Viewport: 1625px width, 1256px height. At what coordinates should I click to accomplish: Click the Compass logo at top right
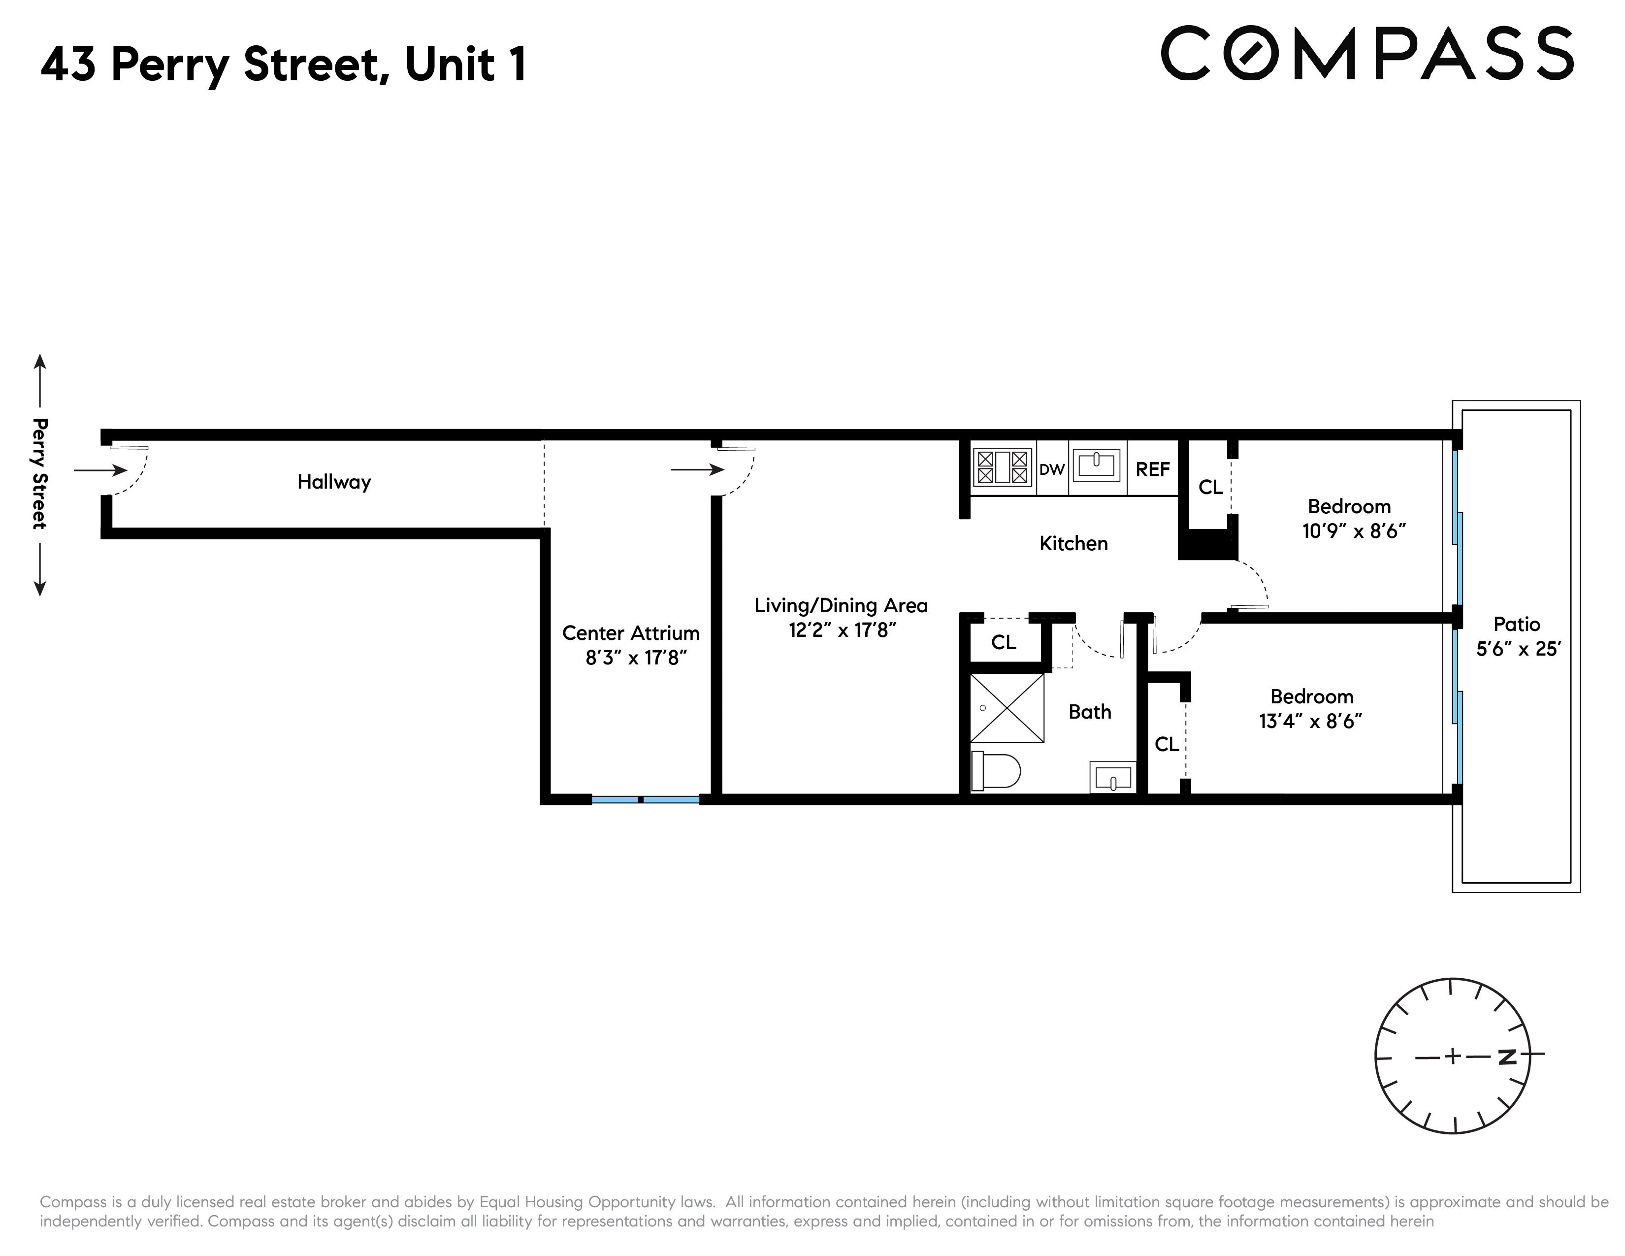[1367, 54]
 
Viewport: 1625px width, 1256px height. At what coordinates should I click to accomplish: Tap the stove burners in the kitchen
[1002, 467]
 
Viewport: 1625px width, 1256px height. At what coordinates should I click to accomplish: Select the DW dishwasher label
[1051, 469]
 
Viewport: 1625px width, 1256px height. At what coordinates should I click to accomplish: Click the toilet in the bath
[997, 771]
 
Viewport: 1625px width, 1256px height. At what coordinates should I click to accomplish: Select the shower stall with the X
[1007, 708]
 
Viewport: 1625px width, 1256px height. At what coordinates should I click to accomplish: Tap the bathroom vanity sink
[1112, 778]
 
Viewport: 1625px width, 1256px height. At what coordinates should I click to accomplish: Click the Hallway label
[334, 482]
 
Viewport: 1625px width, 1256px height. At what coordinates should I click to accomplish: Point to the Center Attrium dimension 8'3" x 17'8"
[635, 658]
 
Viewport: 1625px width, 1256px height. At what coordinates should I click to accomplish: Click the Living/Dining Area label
[841, 606]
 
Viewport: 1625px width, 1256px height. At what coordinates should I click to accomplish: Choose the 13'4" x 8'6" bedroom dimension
[1310, 722]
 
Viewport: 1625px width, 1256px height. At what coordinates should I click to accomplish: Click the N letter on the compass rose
[1507, 1057]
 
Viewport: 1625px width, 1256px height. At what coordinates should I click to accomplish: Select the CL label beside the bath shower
[1003, 642]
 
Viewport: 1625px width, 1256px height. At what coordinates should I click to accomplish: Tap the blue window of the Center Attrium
[645, 800]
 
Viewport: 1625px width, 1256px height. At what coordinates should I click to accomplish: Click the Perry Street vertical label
[39, 474]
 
